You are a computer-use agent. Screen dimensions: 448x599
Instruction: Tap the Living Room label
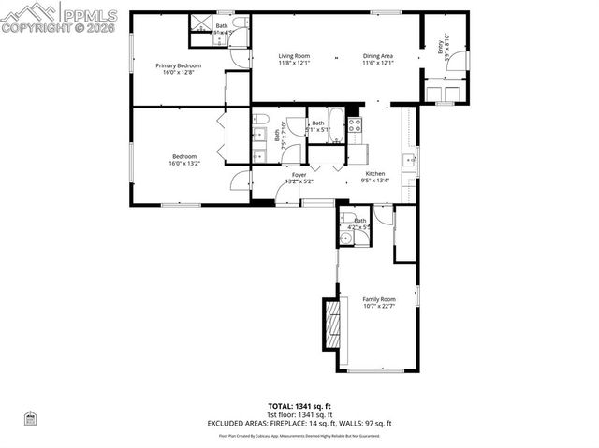tap(294, 56)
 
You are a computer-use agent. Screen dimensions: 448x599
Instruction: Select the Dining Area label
tap(378, 56)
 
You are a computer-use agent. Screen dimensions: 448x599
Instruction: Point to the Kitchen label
tap(374, 174)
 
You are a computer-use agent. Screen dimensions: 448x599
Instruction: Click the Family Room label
tap(379, 299)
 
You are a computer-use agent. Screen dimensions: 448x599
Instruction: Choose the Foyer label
tap(299, 174)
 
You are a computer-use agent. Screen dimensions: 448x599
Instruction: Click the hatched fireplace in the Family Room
tap(330, 325)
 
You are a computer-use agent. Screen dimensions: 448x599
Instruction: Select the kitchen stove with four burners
tap(355, 125)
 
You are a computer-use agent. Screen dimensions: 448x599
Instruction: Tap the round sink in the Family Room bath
tap(346, 238)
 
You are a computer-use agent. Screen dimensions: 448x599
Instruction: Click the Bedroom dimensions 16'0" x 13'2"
tap(183, 164)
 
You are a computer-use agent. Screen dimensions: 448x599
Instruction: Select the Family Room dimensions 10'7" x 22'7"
tap(379, 307)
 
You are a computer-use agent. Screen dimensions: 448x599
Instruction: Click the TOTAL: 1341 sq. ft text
tap(299, 406)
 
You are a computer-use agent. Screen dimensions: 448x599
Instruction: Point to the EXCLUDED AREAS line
tap(299, 423)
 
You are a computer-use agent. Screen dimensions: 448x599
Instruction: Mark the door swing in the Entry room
tap(462, 63)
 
